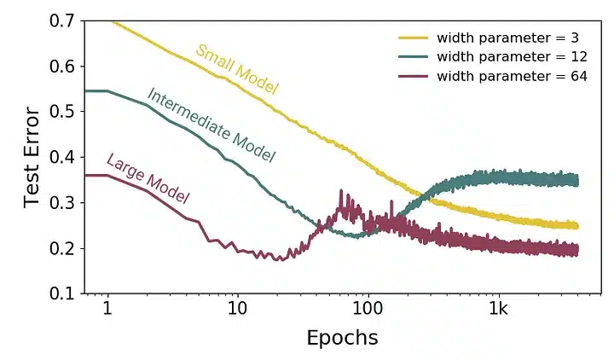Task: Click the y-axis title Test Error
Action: tap(32, 157)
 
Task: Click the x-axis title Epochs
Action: tap(341, 337)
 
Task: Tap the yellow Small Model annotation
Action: tap(238, 67)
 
